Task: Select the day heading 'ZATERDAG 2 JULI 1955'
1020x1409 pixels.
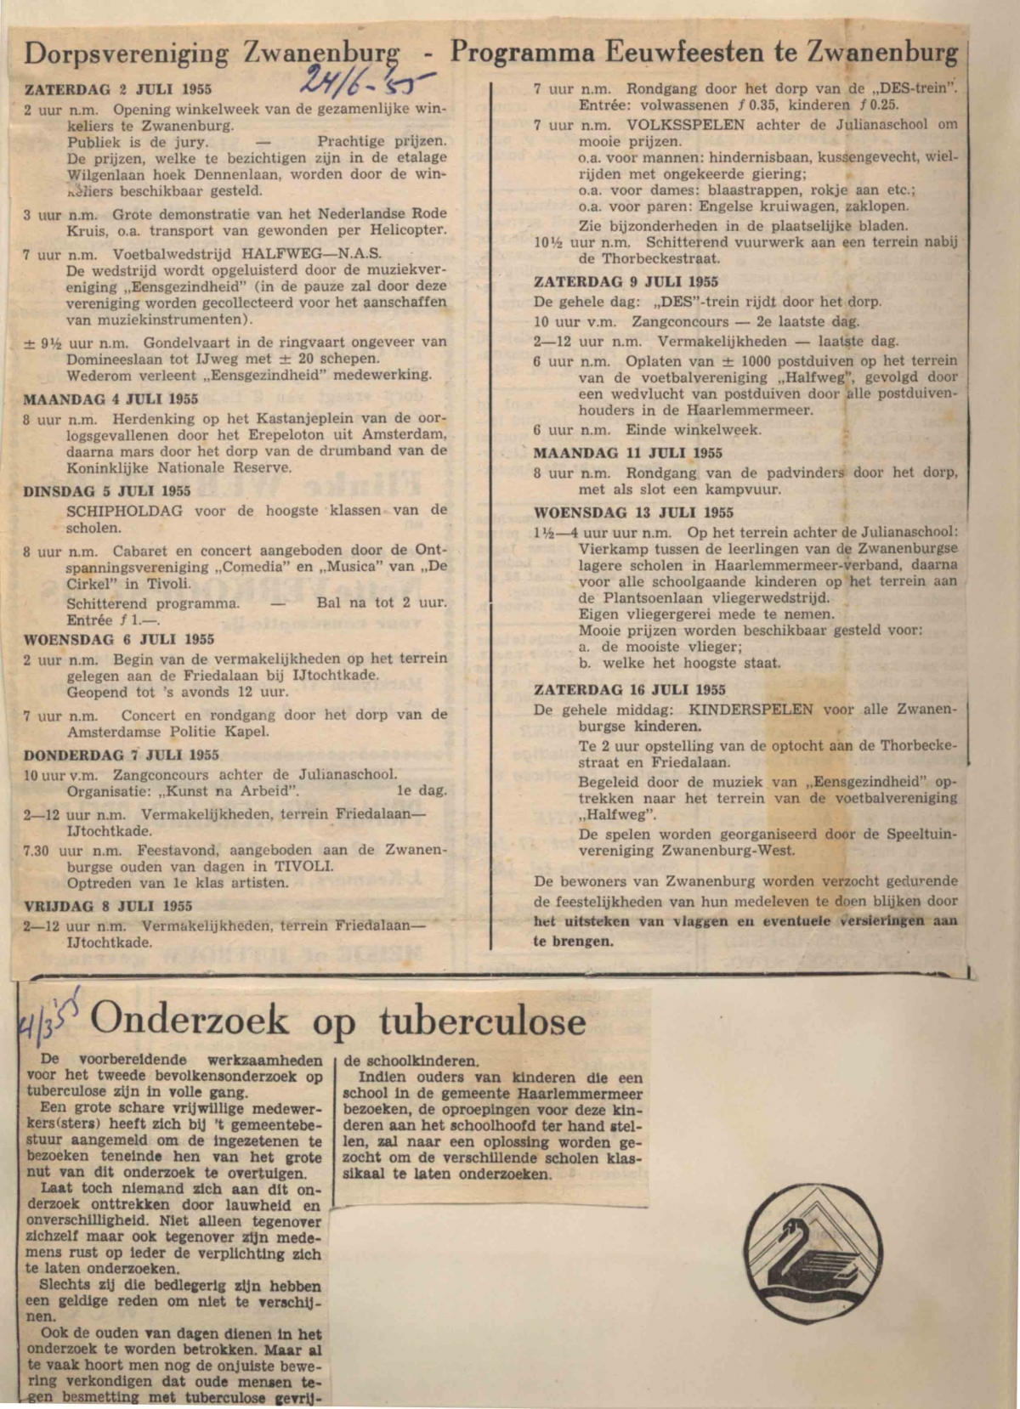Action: [x=117, y=88]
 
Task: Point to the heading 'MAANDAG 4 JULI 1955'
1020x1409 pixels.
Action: [x=110, y=399]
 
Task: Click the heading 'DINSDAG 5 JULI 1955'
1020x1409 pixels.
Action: [x=107, y=490]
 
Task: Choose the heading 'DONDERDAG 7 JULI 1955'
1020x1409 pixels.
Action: [x=121, y=754]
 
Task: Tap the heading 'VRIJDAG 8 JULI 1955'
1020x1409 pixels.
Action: [x=108, y=905]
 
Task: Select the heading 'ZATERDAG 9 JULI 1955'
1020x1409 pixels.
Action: [x=626, y=281]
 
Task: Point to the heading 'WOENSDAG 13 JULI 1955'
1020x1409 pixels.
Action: [x=633, y=512]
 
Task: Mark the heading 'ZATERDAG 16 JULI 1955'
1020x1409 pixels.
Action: [x=630, y=689]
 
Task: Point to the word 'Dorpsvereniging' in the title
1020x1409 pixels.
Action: [x=127, y=54]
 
